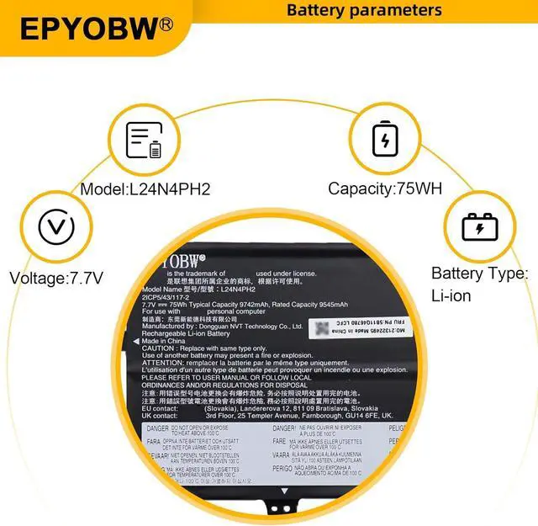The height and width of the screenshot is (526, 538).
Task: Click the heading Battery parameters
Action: click(364, 11)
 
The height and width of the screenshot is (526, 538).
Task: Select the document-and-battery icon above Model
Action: click(144, 141)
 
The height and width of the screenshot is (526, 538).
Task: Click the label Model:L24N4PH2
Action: click(145, 189)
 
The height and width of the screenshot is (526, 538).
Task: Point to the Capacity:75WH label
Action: click(385, 189)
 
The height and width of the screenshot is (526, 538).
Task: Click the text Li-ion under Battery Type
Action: click(451, 295)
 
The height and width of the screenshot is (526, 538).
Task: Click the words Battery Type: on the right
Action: click(479, 274)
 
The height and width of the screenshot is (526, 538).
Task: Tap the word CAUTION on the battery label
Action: click(158, 348)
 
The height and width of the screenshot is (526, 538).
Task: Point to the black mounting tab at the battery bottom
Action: click(282, 506)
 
